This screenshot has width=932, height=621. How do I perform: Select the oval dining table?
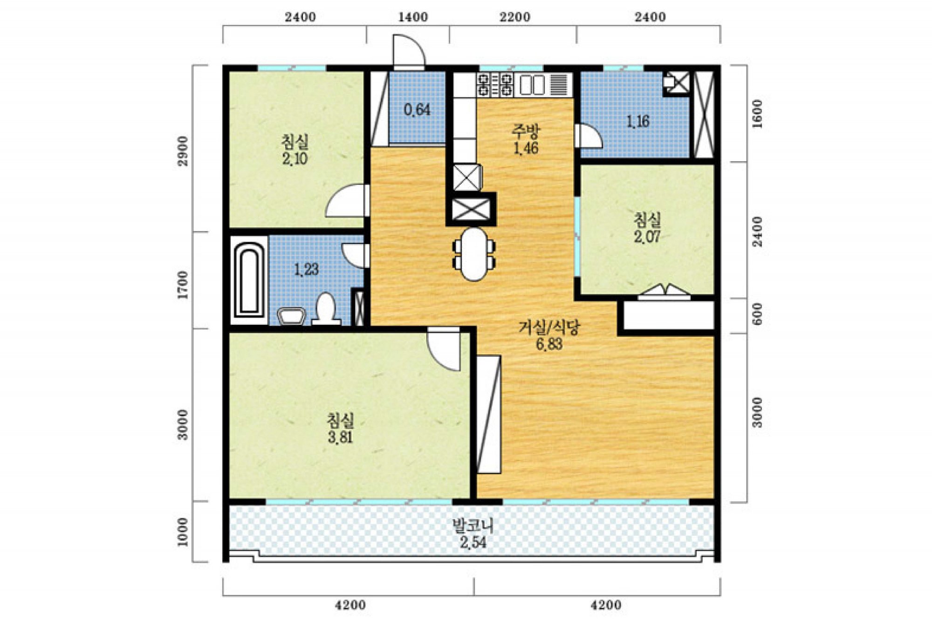pyautogui.click(x=474, y=254)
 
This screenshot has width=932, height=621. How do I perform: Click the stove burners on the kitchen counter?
pyautogui.click(x=494, y=85)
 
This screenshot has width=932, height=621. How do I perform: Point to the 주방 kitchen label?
pyautogui.click(x=526, y=130)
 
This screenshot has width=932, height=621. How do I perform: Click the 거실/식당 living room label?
pyautogui.click(x=549, y=328)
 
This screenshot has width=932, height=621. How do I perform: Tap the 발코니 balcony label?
pyautogui.click(x=473, y=526)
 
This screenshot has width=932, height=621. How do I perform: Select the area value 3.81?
pyautogui.click(x=340, y=437)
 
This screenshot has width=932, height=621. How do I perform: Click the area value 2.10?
pyautogui.click(x=295, y=158)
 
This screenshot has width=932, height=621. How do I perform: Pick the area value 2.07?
pyautogui.click(x=647, y=237)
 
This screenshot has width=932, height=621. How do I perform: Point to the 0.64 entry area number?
pyautogui.click(x=417, y=109)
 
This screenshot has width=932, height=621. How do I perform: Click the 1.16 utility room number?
pyautogui.click(x=637, y=122)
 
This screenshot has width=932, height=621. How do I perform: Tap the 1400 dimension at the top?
pyautogui.click(x=413, y=17)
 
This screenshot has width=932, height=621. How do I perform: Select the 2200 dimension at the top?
pyautogui.click(x=515, y=17)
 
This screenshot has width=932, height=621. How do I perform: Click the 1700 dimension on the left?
pyautogui.click(x=183, y=285)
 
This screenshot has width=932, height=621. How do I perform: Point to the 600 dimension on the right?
pyautogui.click(x=757, y=314)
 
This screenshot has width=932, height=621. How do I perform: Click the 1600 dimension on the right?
pyautogui.click(x=757, y=114)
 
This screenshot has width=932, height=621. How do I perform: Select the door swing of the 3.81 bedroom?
pyautogui.click(x=444, y=350)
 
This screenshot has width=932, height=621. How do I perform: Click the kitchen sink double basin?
pyautogui.click(x=532, y=85)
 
